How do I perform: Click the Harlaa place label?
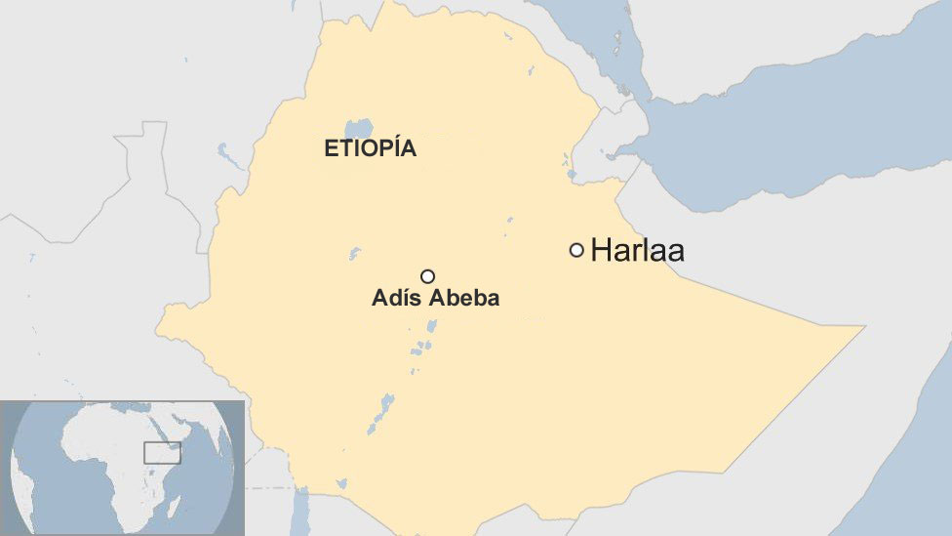pos(637,251)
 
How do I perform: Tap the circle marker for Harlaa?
pos(576,250)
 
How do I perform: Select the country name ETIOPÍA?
pos(370,149)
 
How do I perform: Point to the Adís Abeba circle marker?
pos(427,276)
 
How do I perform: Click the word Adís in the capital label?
pos(395,299)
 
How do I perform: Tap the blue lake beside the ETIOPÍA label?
pos(359,129)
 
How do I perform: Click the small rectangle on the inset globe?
pos(162,452)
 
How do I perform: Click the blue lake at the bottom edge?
pos(301,513)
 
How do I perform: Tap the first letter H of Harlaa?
pos(599,251)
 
